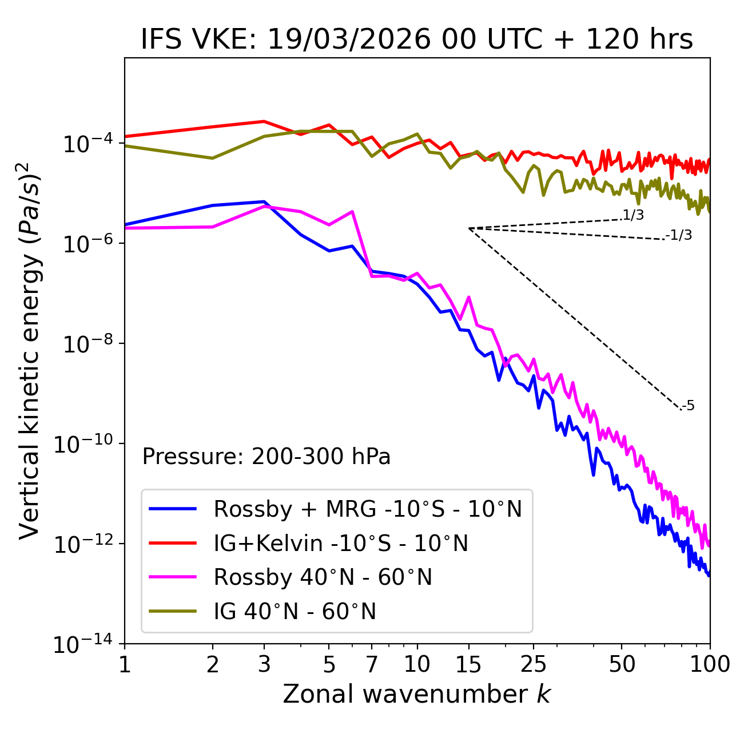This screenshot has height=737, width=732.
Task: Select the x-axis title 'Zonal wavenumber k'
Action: click(x=416, y=694)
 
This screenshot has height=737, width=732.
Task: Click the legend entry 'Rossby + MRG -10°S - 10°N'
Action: click(x=367, y=509)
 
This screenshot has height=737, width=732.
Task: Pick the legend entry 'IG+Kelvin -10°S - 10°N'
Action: click(x=340, y=543)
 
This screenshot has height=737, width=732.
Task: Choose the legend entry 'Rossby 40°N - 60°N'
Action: click(x=323, y=577)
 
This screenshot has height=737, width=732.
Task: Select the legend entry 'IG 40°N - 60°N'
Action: click(x=295, y=612)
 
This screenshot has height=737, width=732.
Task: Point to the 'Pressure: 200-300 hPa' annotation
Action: click(x=266, y=457)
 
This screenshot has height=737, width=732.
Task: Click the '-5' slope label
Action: click(x=688, y=406)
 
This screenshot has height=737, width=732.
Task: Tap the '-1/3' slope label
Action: click(x=679, y=235)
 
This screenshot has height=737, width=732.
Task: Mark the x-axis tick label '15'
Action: click(x=468, y=664)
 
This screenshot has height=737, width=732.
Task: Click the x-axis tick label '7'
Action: click(x=372, y=664)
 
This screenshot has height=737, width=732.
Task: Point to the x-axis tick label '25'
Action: click(x=534, y=664)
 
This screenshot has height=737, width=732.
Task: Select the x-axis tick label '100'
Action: click(x=710, y=664)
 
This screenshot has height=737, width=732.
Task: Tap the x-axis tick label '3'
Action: click(x=264, y=664)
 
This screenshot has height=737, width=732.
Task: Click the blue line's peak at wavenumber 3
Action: click(x=264, y=201)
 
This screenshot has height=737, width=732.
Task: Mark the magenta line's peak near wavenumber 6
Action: click(x=352, y=212)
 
